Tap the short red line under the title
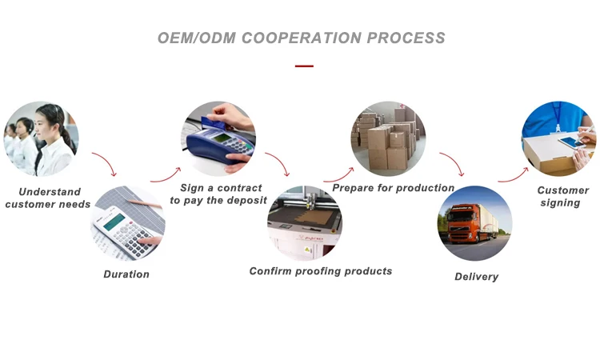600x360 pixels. tap(304, 66)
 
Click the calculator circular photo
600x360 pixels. tap(127, 224)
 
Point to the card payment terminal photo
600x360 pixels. tap(218, 138)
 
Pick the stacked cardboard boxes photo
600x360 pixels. tap(388, 138)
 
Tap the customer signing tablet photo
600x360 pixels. tap(558, 138)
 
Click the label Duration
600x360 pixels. tap(126, 274)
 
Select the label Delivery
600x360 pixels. tap(476, 277)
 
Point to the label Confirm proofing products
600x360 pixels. tap(321, 271)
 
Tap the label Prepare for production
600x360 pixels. tap(393, 188)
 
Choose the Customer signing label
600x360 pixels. tap(562, 197)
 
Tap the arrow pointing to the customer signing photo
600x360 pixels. tap(513, 174)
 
